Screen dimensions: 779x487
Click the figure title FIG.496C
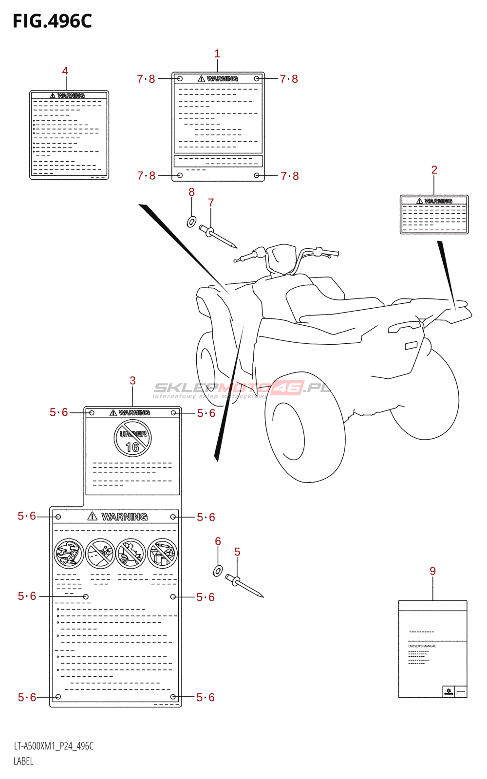[x=52, y=21]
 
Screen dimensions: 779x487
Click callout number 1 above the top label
[x=217, y=54]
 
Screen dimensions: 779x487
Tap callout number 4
[x=65, y=71]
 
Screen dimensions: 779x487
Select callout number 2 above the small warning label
[x=434, y=170]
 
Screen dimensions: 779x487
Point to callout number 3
[x=132, y=381]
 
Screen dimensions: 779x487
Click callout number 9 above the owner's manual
[x=432, y=571]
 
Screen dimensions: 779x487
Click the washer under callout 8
[x=191, y=222]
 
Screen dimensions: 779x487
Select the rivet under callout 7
[x=217, y=236]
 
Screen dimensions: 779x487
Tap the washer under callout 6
[x=218, y=570]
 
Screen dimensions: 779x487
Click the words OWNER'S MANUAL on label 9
[x=422, y=646]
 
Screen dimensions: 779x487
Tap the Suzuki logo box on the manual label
[x=449, y=691]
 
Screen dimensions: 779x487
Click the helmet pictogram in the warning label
[x=69, y=554]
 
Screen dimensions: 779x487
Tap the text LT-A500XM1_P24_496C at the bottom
[x=54, y=746]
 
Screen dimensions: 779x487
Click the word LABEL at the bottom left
[x=23, y=761]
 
